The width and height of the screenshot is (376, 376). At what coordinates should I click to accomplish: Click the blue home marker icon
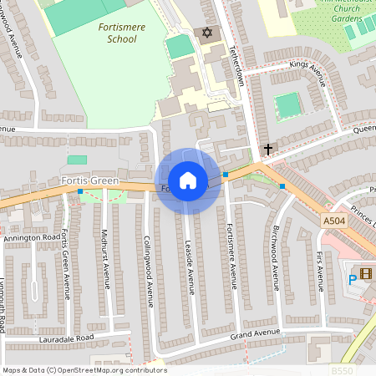click(188, 180)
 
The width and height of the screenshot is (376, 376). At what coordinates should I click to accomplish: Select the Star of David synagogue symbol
click(204, 32)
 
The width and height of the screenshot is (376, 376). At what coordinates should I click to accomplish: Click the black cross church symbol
click(267, 149)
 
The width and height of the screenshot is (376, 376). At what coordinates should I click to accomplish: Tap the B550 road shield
click(342, 370)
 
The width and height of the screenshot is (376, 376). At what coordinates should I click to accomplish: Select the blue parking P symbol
click(352, 279)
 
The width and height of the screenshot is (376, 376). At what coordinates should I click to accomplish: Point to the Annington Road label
click(28, 237)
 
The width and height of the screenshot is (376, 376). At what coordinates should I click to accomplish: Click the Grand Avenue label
click(254, 334)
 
